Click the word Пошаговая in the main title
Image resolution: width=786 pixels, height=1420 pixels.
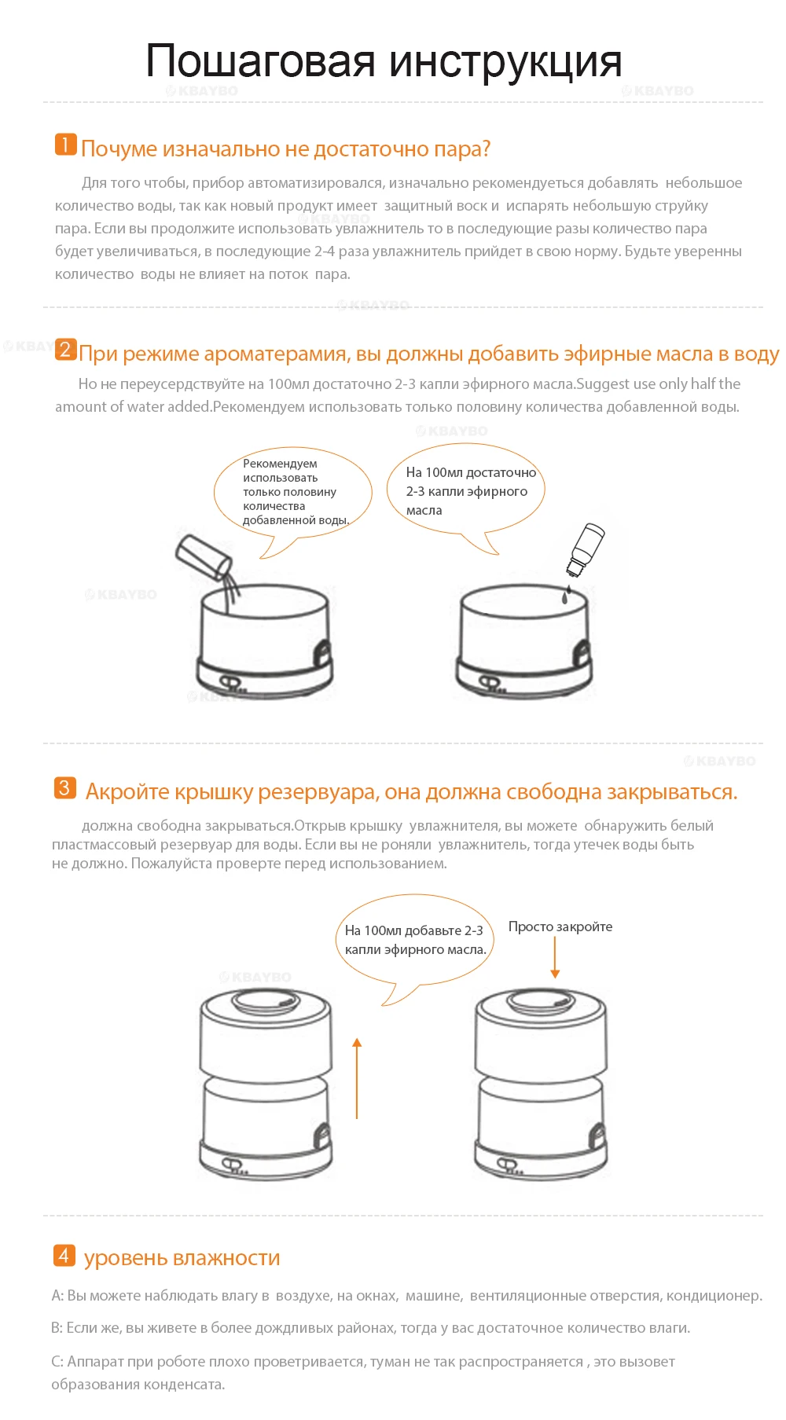click(260, 61)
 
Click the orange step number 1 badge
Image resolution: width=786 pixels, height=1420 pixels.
click(65, 145)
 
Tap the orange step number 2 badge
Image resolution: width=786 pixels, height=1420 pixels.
click(65, 349)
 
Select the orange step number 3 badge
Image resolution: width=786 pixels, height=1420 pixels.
click(64, 787)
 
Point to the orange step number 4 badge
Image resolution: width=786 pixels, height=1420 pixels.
click(64, 1255)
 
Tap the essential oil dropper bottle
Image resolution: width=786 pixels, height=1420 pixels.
click(586, 550)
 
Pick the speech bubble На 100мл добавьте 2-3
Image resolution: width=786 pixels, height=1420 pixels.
click(415, 943)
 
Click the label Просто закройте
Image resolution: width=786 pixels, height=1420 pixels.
click(560, 926)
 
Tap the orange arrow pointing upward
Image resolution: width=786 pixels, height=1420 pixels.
click(357, 1078)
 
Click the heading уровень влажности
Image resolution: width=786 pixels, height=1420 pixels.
click(182, 1257)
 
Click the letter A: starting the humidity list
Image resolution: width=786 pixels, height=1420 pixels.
click(57, 1295)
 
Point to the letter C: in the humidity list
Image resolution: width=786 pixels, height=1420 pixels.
click(57, 1361)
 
